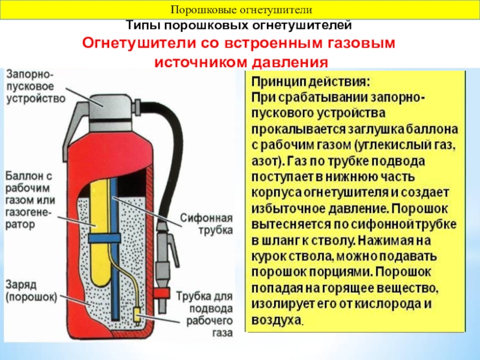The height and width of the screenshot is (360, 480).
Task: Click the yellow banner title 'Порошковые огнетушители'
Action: (x=242, y=10)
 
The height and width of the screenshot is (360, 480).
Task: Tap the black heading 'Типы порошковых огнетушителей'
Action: (x=239, y=25)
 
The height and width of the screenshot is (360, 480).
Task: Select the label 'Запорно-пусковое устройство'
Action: (x=36, y=86)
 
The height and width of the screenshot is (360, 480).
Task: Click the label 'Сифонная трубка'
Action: (x=206, y=224)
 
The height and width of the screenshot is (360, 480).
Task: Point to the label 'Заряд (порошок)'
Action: (x=31, y=291)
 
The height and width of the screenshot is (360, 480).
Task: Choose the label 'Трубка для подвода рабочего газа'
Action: (x=205, y=314)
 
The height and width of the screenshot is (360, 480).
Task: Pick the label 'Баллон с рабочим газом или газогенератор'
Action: (x=30, y=200)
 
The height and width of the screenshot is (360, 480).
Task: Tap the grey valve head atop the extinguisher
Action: (x=111, y=108)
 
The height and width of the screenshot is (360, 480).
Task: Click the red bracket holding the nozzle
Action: (x=161, y=293)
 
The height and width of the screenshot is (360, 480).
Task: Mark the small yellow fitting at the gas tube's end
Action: (x=137, y=316)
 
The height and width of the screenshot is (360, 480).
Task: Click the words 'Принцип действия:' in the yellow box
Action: (x=311, y=82)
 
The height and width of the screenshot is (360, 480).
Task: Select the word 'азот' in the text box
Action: (x=265, y=161)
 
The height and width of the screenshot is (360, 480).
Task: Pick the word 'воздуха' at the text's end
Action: (x=277, y=320)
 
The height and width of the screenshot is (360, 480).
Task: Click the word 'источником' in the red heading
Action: (x=199, y=62)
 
